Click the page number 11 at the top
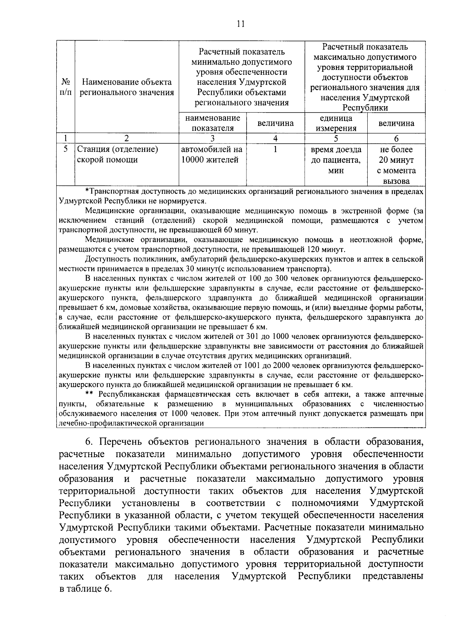pos(240,23)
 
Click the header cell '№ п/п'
pos(65,87)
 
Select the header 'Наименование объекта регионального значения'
pos(127,87)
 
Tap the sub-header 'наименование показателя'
pos(213,123)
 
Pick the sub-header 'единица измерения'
pos(336,123)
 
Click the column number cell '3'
pos(213,138)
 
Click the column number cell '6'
pos(396,138)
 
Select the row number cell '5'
pos(65,150)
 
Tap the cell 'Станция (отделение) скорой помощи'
pos(117,155)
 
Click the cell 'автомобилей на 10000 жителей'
pos(211,155)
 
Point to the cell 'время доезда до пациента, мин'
pos(336,160)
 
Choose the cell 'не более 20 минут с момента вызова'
pos(396,165)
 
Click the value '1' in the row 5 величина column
pos(275,150)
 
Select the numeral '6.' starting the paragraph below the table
pos(88,442)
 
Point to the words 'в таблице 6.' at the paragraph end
pos(86,589)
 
